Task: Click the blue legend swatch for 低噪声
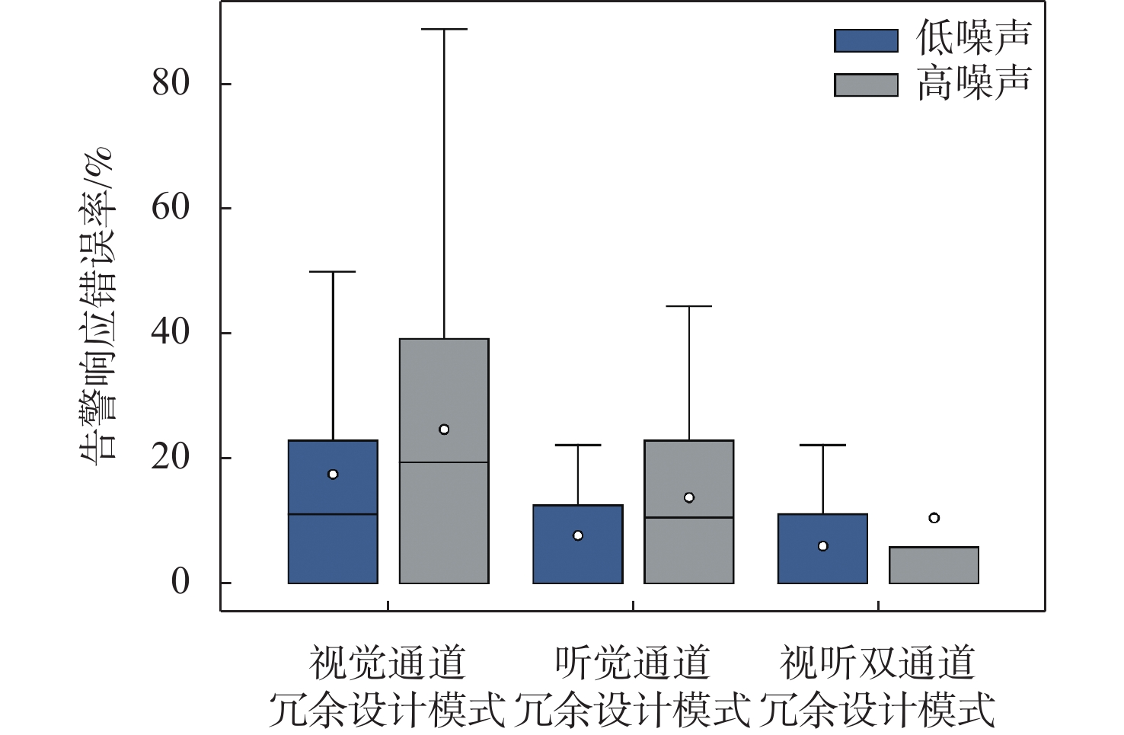point(866,40)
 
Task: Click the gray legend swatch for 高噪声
point(866,85)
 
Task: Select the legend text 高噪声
point(974,83)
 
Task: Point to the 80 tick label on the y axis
point(171,82)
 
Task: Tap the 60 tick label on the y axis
point(171,207)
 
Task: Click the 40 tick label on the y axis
point(171,332)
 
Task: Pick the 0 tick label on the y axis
point(180,582)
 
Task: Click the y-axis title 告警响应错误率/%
point(97,305)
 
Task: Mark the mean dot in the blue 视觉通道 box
point(333,474)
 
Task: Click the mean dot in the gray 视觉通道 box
point(444,430)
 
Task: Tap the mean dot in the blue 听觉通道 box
point(578,535)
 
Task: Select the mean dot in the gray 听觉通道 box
point(689,497)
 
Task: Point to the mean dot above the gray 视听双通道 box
point(934,518)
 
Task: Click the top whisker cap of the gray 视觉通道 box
point(444,29)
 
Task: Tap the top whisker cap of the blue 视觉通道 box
point(333,271)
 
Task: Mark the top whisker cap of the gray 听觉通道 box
point(689,306)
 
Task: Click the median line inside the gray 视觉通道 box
point(444,462)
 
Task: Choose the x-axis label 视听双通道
point(877,663)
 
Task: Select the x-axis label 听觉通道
point(632,663)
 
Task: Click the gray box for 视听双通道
point(934,565)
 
